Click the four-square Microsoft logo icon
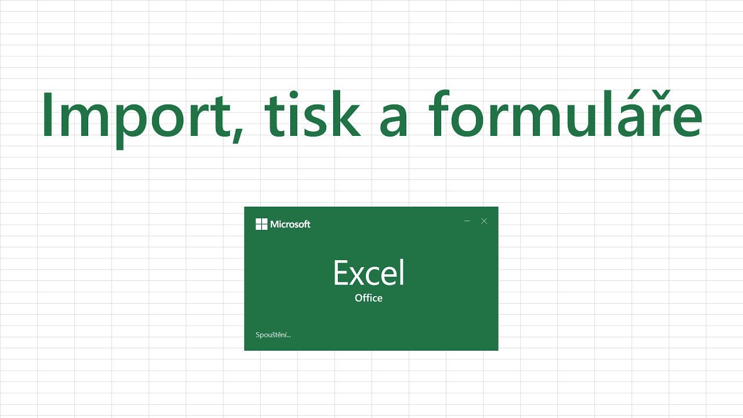pyautogui.click(x=261, y=224)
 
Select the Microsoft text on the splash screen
pyautogui.click(x=290, y=224)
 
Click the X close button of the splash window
pyautogui.click(x=484, y=221)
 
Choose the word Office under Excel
pyautogui.click(x=369, y=298)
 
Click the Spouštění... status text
pyautogui.click(x=273, y=334)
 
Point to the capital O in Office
pyautogui.click(x=359, y=298)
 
